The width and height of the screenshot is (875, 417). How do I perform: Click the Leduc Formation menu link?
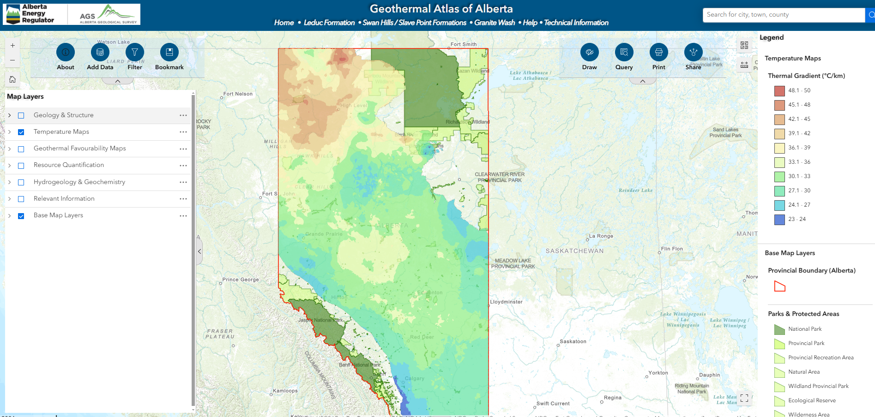click(329, 23)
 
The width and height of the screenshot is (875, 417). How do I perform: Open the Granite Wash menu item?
click(494, 23)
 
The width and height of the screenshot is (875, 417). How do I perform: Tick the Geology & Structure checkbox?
click(21, 115)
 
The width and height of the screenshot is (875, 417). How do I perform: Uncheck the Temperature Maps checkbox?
click(21, 132)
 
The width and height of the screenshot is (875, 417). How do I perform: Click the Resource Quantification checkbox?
click(21, 166)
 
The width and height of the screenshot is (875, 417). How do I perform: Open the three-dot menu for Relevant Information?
click(183, 199)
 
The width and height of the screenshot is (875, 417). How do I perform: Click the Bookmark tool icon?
click(169, 52)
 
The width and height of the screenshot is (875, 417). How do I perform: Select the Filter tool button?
click(135, 52)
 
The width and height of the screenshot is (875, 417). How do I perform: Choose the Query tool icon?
click(624, 52)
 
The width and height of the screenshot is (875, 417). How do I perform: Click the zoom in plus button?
click(12, 46)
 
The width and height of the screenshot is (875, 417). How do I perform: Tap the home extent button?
click(12, 79)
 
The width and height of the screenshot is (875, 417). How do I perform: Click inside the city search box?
click(783, 15)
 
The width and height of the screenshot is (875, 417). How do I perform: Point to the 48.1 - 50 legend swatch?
click(779, 91)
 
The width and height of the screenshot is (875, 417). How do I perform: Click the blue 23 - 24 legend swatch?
click(779, 220)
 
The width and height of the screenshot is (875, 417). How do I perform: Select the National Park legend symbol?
click(779, 329)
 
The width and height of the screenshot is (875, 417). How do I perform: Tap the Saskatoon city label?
click(573, 341)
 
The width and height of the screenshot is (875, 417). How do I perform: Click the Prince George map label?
click(240, 280)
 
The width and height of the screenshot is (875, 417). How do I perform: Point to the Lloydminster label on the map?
click(506, 302)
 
